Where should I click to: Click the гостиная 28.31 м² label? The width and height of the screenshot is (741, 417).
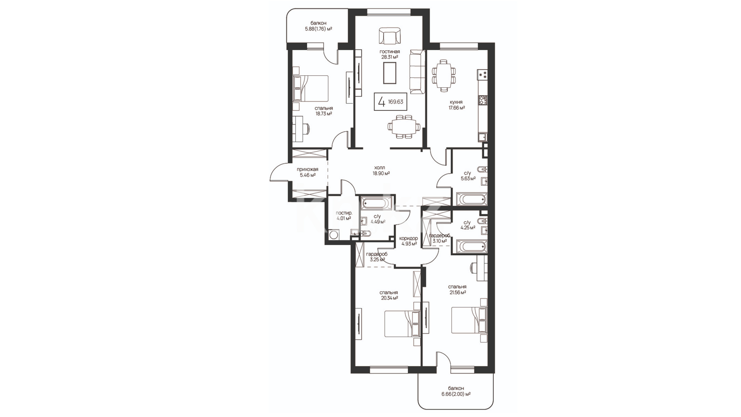pos(389,54)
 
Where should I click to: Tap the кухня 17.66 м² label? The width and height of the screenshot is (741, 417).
pos(456,105)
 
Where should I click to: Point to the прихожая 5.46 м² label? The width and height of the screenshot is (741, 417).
pos(308,172)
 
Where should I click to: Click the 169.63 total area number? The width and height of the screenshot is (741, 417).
pos(396,102)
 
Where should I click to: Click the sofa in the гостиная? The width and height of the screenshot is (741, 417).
pos(417,71)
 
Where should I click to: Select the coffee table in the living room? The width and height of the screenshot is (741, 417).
pos(390,73)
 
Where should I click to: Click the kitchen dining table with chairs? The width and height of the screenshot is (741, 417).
pos(443,76)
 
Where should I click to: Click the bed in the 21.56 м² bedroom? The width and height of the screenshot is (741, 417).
pos(469,320)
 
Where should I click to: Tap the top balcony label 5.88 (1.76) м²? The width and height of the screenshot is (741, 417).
pos(318,26)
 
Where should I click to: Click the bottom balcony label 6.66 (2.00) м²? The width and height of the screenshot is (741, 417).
pos(456,391)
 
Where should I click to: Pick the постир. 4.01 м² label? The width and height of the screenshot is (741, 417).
pos(344,215)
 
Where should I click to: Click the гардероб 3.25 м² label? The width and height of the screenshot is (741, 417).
pos(377,257)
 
